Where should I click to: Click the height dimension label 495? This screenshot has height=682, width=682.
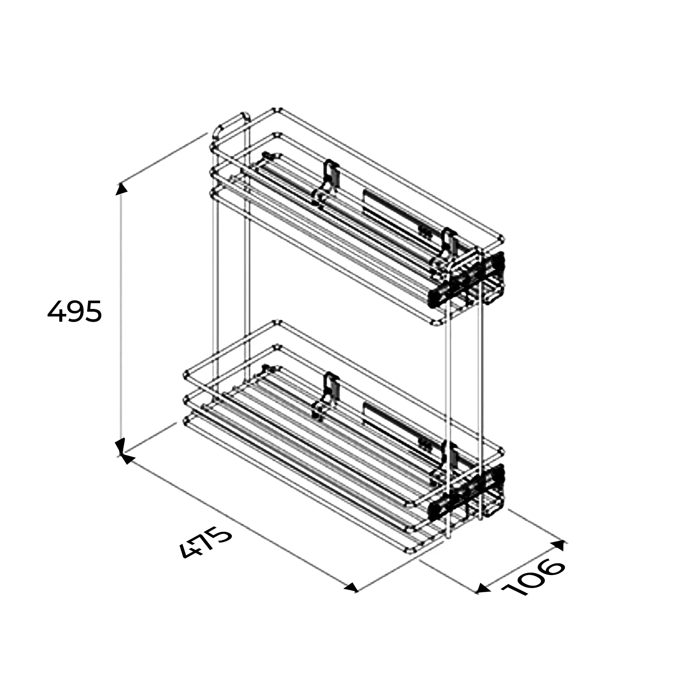pyautogui.click(x=75, y=311)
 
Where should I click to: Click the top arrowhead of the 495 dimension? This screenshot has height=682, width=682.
pyautogui.click(x=122, y=188)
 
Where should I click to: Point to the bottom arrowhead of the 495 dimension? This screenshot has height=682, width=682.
pyautogui.click(x=121, y=446)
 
